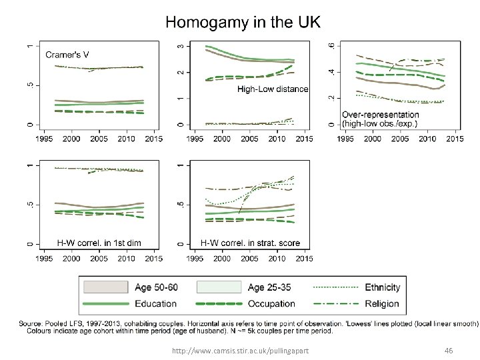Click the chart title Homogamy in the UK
click(x=243, y=22)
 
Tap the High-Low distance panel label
click(x=273, y=89)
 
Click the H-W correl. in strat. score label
click(x=251, y=243)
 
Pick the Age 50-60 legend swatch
click(x=105, y=287)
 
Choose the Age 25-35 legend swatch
click(x=219, y=287)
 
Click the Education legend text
click(x=155, y=304)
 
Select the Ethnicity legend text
click(x=382, y=287)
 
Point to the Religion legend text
click(x=382, y=304)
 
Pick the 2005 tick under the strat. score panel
click(x=249, y=258)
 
